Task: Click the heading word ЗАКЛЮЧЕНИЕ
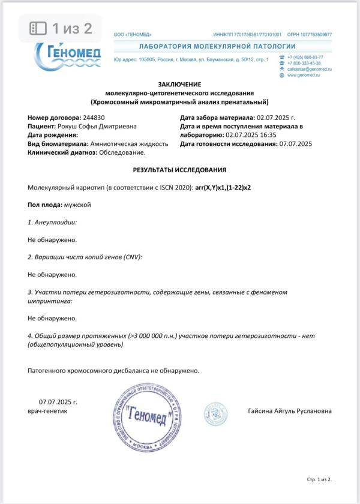click(179, 85)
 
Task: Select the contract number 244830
click(93, 118)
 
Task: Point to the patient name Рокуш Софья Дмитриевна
click(97, 127)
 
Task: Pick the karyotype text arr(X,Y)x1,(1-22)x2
click(223, 188)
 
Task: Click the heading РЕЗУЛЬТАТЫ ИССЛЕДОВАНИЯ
click(179, 170)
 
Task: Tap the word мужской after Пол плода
click(77, 205)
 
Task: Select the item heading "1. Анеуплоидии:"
click(52, 223)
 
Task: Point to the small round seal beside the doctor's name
click(214, 413)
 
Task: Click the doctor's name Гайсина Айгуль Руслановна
click(289, 411)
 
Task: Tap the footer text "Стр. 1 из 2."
click(319, 480)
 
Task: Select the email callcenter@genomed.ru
click(310, 69)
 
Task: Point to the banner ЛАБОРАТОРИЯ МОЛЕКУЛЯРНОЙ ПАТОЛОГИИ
click(217, 46)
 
